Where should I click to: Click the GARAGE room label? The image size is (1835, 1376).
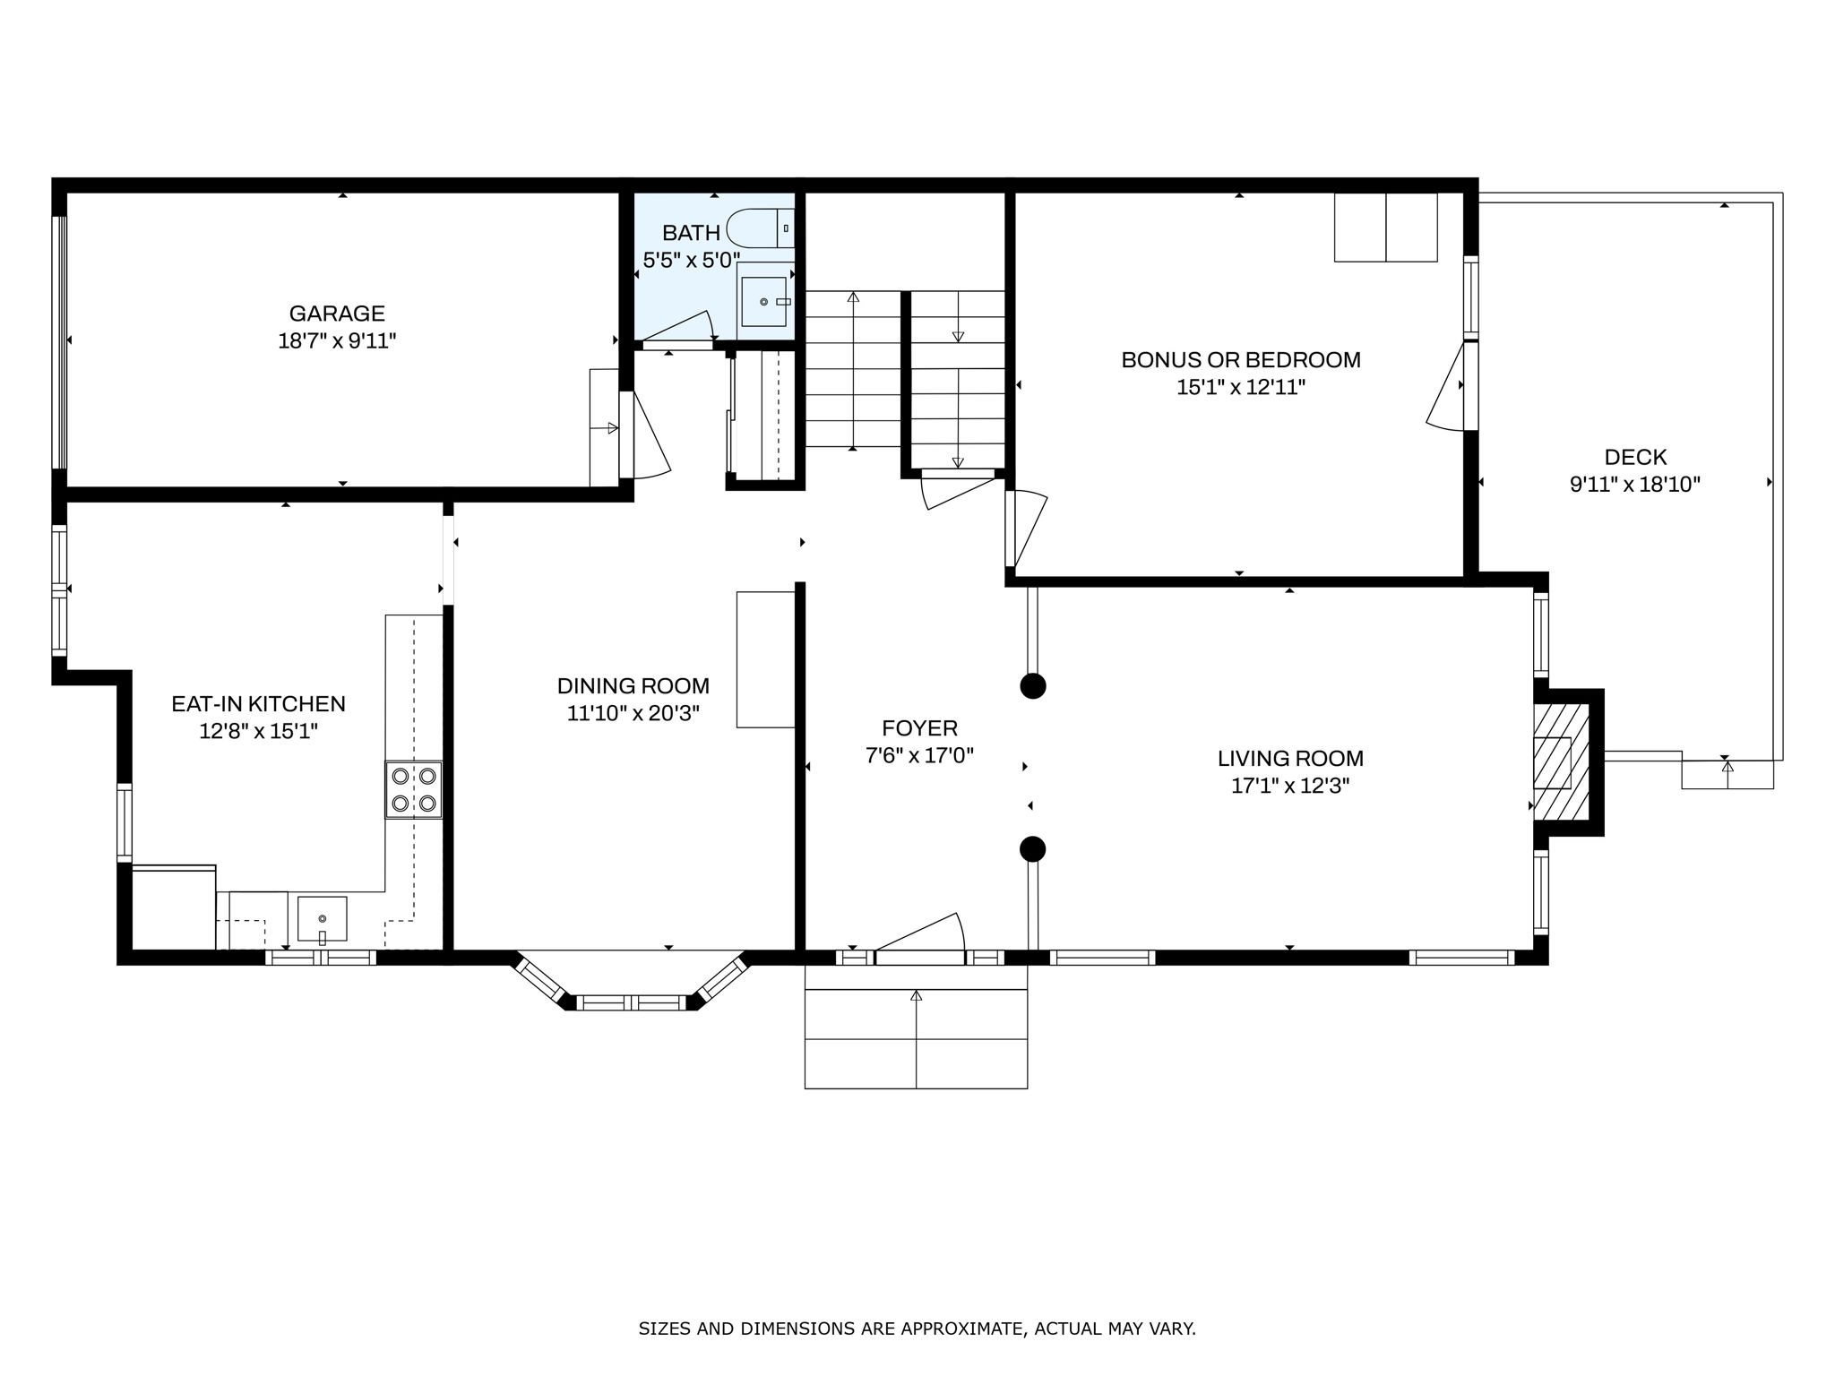pyautogui.click(x=336, y=314)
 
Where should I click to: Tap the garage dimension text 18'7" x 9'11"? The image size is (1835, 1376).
pyautogui.click(x=336, y=341)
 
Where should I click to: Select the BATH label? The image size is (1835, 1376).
pyautogui.click(x=691, y=233)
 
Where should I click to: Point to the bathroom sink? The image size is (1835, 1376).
pyautogui.click(x=764, y=302)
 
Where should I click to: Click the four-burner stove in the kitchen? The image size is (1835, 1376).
pyautogui.click(x=414, y=789)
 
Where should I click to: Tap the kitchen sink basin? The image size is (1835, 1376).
pyautogui.click(x=322, y=917)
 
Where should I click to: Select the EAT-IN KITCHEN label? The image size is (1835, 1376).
pyautogui.click(x=258, y=704)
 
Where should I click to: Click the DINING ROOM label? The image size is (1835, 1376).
pyautogui.click(x=633, y=686)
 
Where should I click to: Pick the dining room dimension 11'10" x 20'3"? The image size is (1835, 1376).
pyautogui.click(x=633, y=714)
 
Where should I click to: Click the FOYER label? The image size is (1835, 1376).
pyautogui.click(x=919, y=728)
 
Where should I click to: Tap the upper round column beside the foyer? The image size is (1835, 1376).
pyautogui.click(x=1033, y=686)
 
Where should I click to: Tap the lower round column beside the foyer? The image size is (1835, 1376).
pyautogui.click(x=1033, y=848)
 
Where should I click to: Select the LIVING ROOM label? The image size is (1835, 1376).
pyautogui.click(x=1290, y=759)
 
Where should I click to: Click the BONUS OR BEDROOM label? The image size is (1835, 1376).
pyautogui.click(x=1241, y=360)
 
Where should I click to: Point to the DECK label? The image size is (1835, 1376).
pyautogui.click(x=1635, y=458)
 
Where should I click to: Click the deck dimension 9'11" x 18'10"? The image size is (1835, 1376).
pyautogui.click(x=1635, y=485)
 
